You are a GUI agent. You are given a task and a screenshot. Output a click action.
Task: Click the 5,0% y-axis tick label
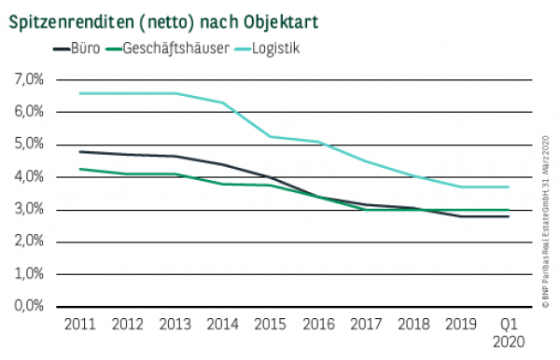[x=29, y=145]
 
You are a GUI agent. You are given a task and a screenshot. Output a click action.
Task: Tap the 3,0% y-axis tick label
[x=29, y=209]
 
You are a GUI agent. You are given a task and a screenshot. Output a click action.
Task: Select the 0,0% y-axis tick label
[x=29, y=306]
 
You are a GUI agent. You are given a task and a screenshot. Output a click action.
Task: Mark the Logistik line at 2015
[x=269, y=136]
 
